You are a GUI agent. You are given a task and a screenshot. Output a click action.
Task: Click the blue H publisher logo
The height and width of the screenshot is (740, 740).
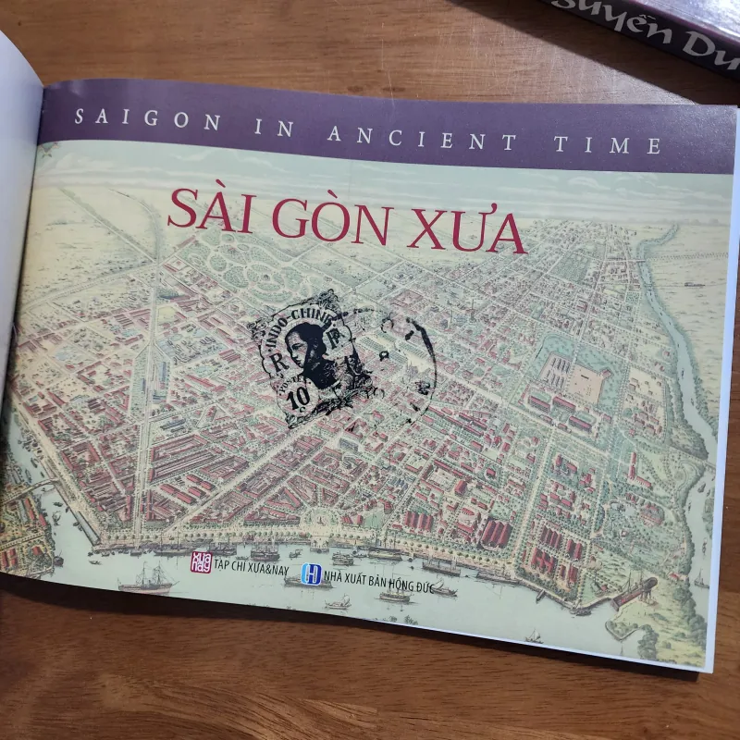[x=314, y=575]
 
